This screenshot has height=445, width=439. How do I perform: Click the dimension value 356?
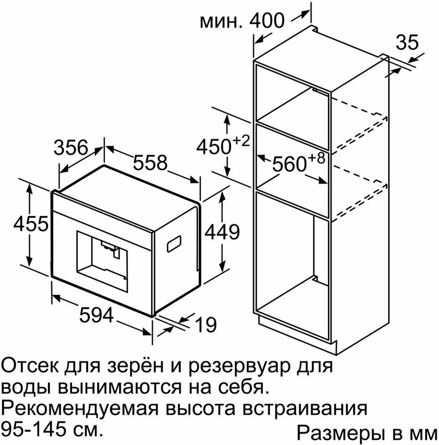71,148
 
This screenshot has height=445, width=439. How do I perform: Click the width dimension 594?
97,315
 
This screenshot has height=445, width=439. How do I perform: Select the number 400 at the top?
266,20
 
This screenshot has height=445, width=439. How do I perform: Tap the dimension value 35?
407,42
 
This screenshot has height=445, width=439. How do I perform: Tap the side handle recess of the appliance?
174,244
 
